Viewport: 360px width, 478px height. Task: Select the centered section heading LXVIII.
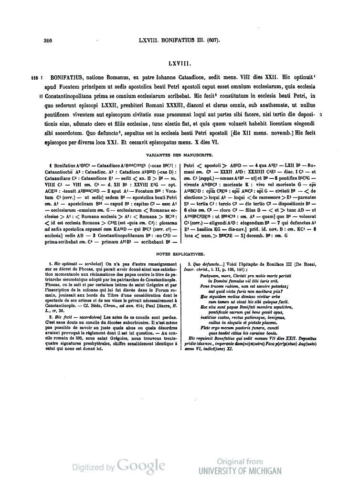[x=180, y=62]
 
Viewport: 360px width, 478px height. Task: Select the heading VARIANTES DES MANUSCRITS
[x=180, y=155]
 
